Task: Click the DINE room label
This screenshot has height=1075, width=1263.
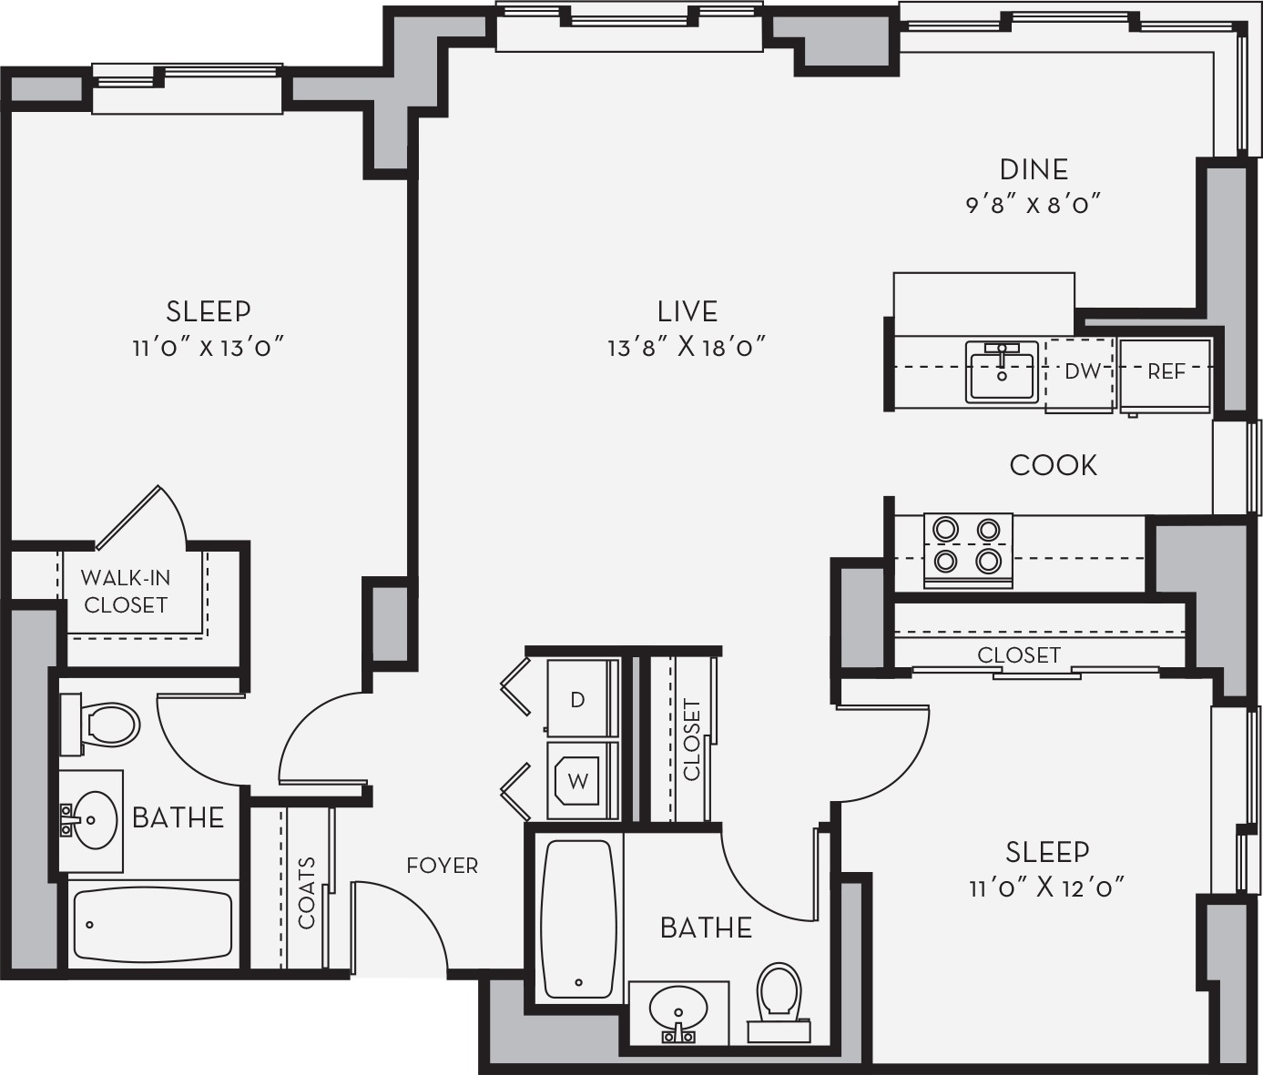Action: [x=1034, y=170]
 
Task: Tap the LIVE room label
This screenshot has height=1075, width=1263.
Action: [x=688, y=311]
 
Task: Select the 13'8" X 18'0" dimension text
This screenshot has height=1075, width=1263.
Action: [x=688, y=348]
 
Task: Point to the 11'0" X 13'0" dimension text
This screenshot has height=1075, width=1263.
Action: [x=209, y=348]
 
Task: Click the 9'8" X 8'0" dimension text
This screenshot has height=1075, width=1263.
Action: [x=1034, y=205]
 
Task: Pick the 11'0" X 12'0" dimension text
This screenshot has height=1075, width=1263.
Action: [x=1047, y=887]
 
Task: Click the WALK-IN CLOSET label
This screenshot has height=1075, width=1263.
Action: [x=126, y=592]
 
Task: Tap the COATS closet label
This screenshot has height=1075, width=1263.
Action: [x=306, y=893]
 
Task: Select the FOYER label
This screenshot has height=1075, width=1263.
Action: [x=443, y=866]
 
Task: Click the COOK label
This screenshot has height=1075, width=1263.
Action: [x=1054, y=465]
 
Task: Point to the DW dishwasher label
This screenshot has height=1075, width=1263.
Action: [x=1083, y=371]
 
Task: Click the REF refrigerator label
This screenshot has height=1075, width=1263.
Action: [x=1166, y=371]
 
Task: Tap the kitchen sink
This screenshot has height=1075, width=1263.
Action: [x=1002, y=371]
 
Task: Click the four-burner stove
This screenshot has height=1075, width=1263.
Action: [x=968, y=551]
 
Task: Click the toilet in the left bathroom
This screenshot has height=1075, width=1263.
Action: [x=100, y=725]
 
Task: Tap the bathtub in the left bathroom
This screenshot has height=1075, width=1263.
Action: [x=153, y=928]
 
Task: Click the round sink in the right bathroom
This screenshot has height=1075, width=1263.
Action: [x=678, y=1008]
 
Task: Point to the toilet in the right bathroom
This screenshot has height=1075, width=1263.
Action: [x=779, y=1000]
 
